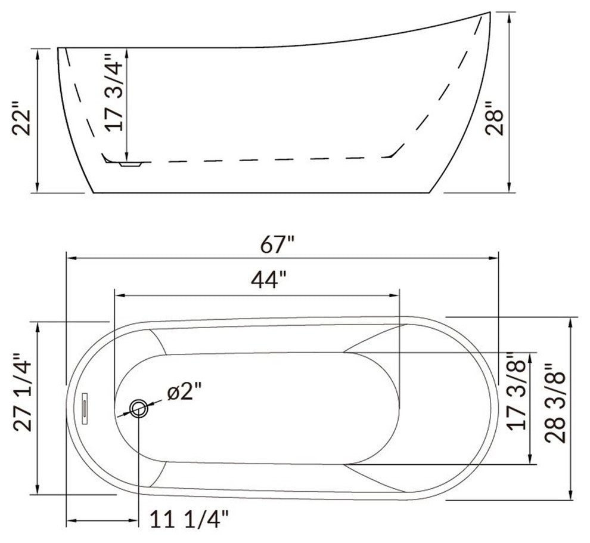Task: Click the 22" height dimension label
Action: [x=21, y=118]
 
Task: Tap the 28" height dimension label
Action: [x=494, y=118]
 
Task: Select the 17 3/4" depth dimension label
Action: [x=114, y=92]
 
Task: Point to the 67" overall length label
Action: [x=277, y=245]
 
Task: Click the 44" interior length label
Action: [x=269, y=279]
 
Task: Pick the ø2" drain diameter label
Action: [x=185, y=391]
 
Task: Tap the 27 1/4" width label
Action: [x=23, y=392]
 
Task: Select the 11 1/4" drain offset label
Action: [x=190, y=519]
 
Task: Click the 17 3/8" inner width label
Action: [x=516, y=391]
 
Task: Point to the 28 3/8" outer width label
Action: [x=555, y=403]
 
